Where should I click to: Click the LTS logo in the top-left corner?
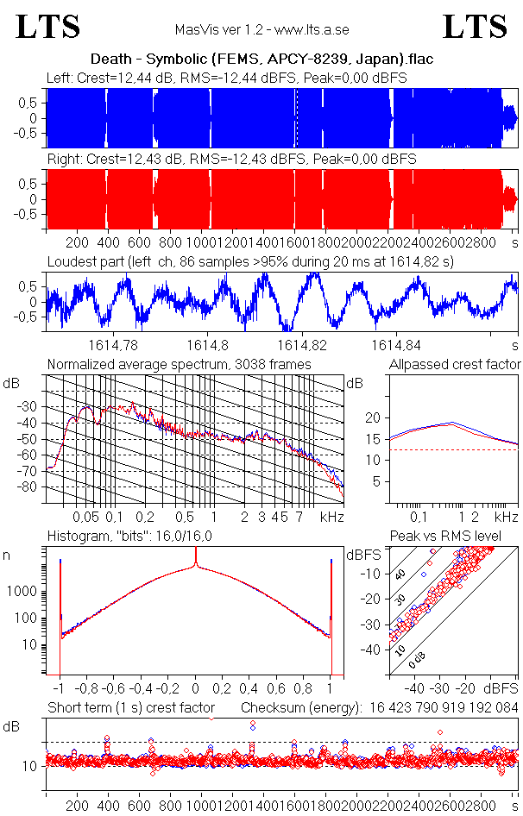(48, 28)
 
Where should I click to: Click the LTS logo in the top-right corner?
(475, 28)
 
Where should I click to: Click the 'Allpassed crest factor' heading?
(455, 365)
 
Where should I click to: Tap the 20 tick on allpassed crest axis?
(374, 417)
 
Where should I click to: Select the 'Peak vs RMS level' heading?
(455, 537)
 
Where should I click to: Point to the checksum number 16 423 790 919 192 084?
(444, 707)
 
